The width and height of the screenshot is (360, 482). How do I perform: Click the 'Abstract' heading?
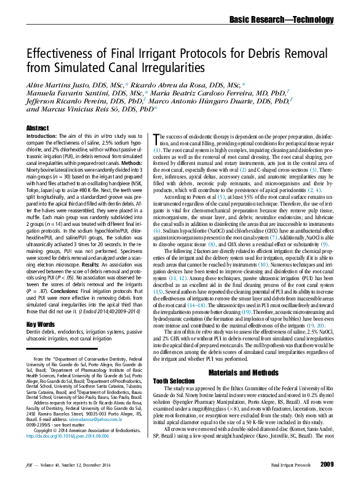point(38,127)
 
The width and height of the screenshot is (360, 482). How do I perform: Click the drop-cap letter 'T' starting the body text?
point(155,139)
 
